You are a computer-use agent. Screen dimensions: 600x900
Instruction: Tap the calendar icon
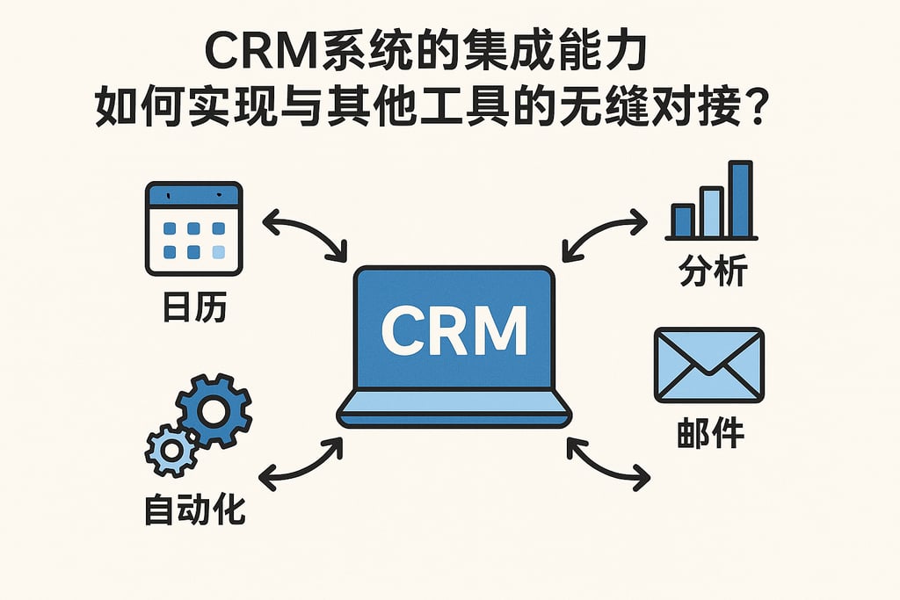[194, 228]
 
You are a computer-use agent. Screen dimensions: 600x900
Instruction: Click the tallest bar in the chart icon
[740, 199]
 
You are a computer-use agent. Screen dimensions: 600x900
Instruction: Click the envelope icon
[708, 364]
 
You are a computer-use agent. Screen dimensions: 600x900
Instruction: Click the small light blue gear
[171, 450]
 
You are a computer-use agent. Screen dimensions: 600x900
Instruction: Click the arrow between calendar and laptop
[305, 234]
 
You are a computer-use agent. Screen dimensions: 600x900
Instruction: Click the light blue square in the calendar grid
[219, 252]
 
